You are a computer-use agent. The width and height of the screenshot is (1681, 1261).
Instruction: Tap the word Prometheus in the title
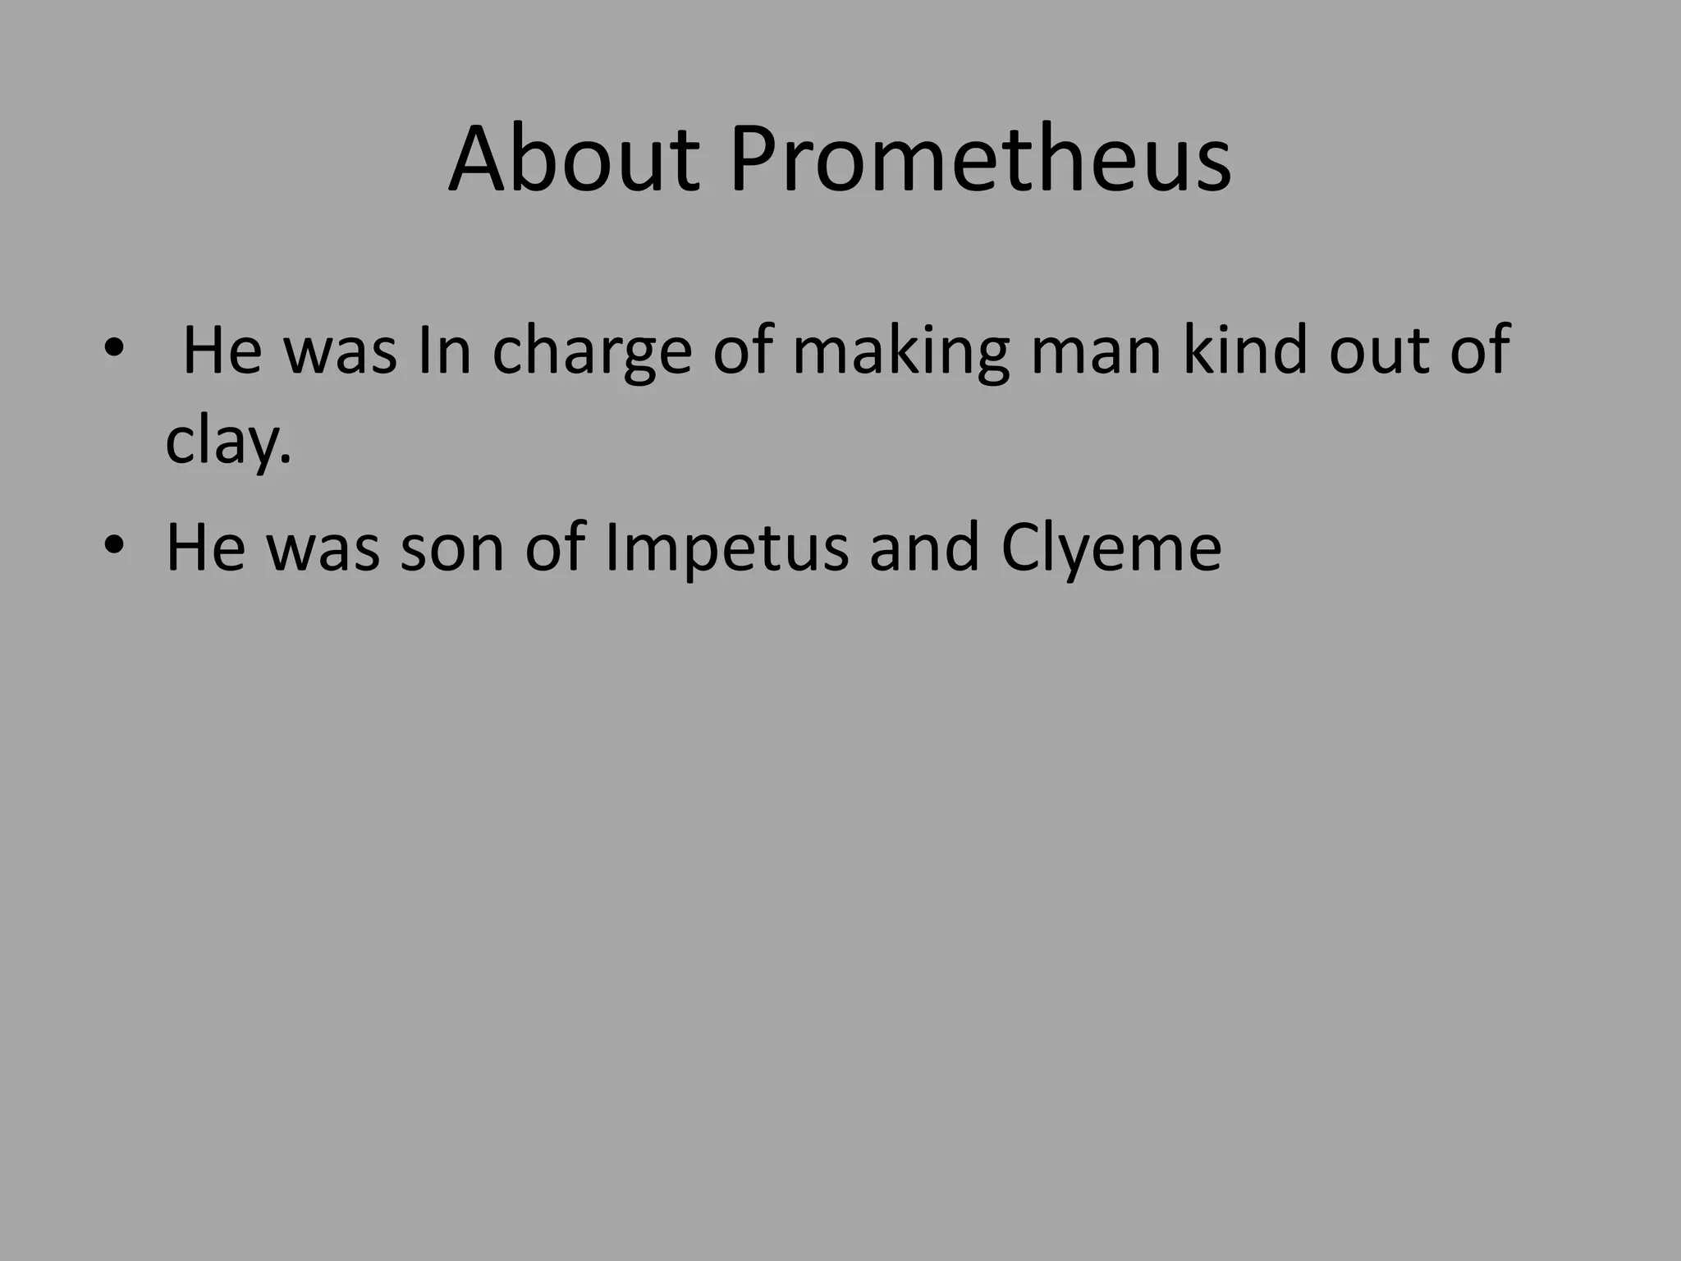point(980,159)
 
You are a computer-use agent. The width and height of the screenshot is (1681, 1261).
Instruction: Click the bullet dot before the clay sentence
point(113,350)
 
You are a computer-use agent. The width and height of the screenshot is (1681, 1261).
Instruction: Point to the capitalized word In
point(444,351)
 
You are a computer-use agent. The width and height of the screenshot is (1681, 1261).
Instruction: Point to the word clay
point(227,443)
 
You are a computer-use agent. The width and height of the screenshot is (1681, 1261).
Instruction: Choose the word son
point(451,548)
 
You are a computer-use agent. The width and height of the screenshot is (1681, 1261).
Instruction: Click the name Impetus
point(726,548)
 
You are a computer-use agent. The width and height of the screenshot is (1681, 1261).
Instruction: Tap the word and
point(924,548)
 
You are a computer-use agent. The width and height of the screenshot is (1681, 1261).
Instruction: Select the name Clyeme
point(1111,548)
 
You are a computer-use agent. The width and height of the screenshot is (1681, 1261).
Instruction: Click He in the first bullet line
point(222,351)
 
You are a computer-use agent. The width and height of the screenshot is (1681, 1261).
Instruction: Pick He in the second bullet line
point(206,548)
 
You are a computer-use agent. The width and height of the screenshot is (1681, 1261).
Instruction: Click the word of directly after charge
point(742,351)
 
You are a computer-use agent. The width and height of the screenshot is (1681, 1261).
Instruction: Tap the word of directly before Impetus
point(555,548)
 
